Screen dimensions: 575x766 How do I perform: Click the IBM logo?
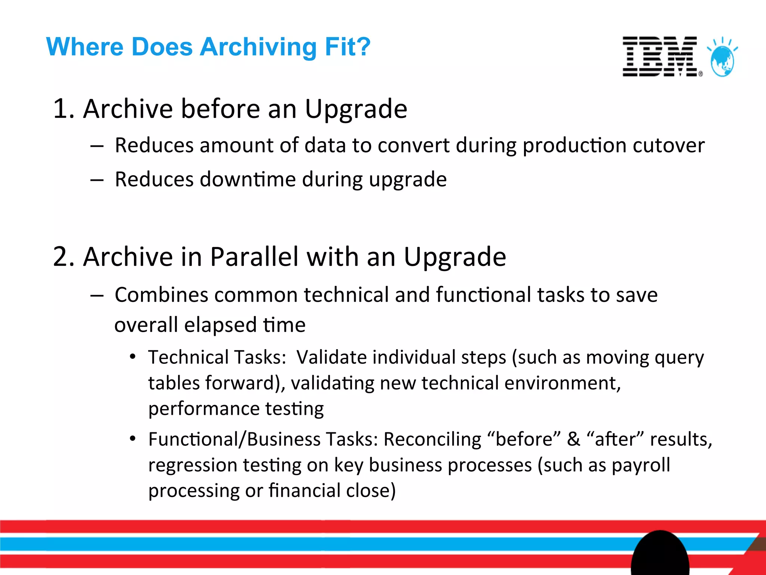[660, 57]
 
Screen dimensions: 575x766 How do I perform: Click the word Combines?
[161, 295]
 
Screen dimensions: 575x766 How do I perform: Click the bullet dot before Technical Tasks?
[132, 356]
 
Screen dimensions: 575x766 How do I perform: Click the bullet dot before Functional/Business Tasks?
[132, 438]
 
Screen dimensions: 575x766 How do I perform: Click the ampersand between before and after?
[573, 439]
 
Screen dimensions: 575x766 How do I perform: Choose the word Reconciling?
[432, 439]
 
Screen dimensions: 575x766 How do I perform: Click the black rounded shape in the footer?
[660, 554]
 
